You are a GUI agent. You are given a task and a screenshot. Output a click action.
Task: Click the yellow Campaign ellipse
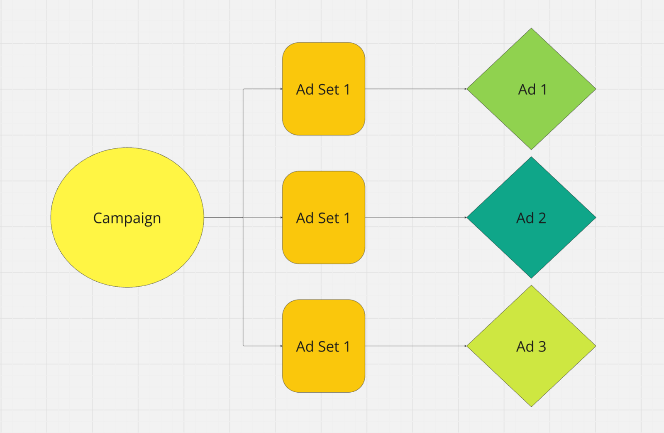[127, 217]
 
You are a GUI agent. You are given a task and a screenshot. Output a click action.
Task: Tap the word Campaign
[127, 219]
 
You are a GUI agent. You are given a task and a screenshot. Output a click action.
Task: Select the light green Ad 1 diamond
[532, 89]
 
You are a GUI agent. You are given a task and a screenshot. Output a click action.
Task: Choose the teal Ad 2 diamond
[532, 217]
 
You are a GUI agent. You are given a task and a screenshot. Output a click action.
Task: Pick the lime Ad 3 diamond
[532, 346]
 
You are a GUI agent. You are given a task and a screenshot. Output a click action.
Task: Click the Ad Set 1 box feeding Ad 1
[324, 89]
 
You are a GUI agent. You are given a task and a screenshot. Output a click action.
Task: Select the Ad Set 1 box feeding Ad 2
[324, 217]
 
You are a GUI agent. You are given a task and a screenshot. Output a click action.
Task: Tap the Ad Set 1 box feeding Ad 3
[324, 346]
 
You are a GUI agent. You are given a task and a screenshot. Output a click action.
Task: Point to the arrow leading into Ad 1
[416, 89]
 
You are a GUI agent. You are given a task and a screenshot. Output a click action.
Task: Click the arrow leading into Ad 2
[416, 217]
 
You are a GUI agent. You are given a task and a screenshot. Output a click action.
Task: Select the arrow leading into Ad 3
[416, 346]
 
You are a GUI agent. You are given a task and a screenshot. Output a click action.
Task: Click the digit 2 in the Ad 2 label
[542, 218]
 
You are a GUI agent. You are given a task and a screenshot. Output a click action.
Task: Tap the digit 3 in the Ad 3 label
[542, 347]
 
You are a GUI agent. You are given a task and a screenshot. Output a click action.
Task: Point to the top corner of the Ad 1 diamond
[532, 29]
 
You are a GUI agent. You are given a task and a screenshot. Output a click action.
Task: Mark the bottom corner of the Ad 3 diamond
[532, 406]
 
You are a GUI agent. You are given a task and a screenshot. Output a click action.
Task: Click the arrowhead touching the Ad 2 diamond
[466, 217]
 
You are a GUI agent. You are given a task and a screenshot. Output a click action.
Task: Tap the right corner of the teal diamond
[596, 217]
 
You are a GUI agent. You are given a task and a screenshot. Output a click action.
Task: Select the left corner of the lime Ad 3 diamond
[467, 346]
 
